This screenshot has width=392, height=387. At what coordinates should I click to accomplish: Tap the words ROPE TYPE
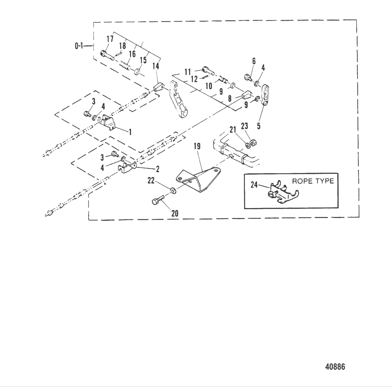click(x=313, y=181)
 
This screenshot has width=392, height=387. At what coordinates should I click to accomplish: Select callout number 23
click(x=245, y=126)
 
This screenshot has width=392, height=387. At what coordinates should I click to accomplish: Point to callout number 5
click(x=259, y=126)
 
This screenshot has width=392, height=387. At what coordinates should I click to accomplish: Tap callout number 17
click(x=110, y=39)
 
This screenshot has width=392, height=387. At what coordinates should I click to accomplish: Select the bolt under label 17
click(x=105, y=54)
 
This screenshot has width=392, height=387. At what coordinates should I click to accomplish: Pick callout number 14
click(x=157, y=67)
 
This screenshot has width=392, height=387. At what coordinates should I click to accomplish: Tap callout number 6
click(x=254, y=61)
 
